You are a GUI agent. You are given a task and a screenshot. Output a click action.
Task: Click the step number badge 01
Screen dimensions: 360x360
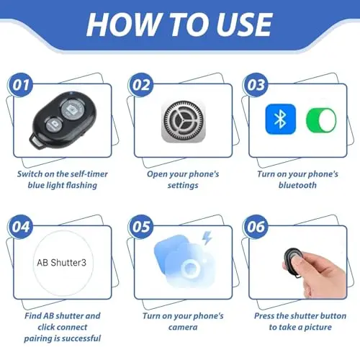[21, 85]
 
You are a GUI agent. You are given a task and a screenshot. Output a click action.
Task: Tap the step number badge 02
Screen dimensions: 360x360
[141, 85]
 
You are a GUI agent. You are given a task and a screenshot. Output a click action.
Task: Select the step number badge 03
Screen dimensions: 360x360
[256, 85]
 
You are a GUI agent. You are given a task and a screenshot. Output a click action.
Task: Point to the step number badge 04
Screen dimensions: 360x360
[21, 227]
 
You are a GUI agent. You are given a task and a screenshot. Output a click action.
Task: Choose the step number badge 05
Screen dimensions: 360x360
[141, 227]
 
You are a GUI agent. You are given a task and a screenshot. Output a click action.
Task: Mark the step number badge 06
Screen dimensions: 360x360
[256, 227]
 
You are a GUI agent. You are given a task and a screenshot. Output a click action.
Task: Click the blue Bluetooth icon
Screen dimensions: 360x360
[280, 119]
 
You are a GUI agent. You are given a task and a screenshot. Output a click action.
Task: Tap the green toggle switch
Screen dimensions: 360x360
[321, 120]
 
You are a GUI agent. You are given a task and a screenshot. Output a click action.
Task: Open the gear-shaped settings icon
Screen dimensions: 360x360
[184, 122]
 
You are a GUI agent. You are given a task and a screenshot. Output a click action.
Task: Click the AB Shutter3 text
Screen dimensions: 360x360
[62, 263]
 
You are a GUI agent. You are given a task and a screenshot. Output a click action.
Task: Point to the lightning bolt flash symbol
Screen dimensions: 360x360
[207, 238]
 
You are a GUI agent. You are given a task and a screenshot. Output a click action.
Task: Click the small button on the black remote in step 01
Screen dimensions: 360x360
[54, 125]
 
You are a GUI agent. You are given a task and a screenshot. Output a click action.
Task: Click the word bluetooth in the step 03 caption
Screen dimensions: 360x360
[297, 185]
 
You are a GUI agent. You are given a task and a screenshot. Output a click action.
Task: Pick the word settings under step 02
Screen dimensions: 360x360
[183, 186]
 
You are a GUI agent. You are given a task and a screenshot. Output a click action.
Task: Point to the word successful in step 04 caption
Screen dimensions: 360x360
[81, 338]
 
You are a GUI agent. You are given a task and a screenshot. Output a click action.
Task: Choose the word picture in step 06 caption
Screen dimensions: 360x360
[318, 328]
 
